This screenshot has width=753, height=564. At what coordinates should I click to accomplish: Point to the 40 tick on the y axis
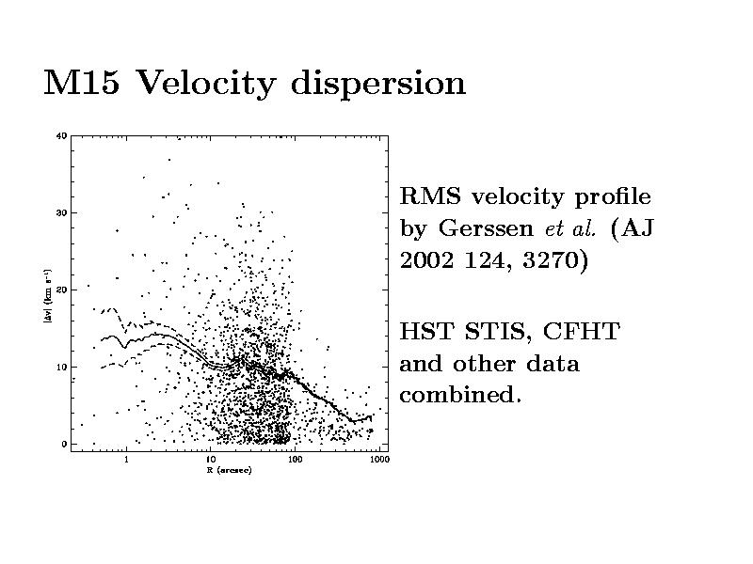61,136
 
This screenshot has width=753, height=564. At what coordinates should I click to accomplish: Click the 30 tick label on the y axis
61,213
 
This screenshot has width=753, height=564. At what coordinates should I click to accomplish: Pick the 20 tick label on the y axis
61,290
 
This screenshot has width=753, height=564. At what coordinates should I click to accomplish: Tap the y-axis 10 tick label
61,367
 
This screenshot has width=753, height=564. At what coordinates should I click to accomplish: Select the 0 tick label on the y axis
64,444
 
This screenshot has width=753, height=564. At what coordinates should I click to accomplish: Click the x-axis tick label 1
126,461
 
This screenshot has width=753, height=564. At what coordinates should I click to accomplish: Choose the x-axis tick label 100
295,461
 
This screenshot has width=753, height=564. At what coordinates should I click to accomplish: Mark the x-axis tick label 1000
377,461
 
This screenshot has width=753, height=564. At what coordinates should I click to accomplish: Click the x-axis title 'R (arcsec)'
228,470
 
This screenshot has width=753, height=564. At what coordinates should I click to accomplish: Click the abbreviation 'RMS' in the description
432,197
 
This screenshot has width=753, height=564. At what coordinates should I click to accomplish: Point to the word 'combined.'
460,395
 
